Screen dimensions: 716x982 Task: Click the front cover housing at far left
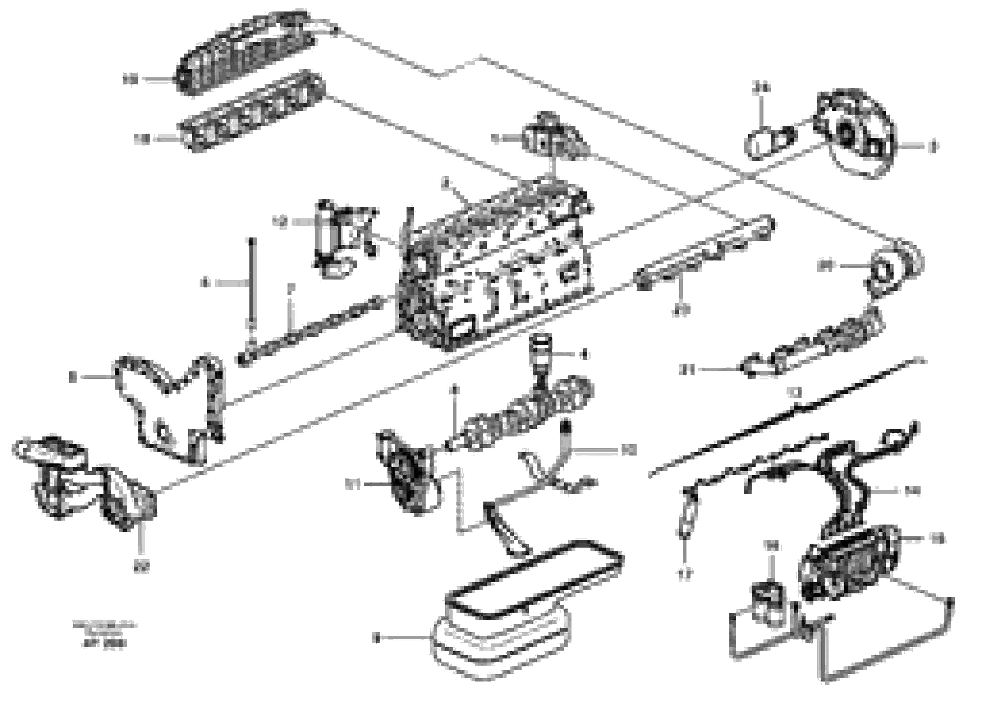tap(82, 481)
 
